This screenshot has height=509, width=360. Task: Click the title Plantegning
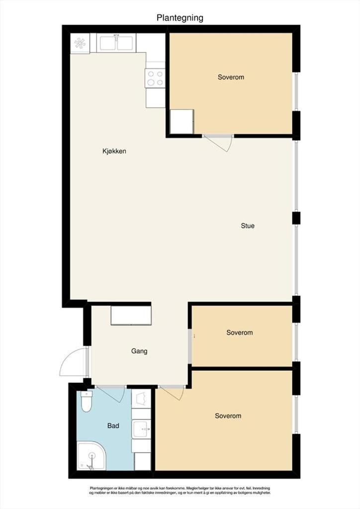(180, 18)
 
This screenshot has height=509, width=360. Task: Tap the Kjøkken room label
(114, 151)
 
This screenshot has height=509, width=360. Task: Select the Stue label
(248, 226)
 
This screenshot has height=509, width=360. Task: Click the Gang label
(139, 351)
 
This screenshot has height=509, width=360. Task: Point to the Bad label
(113, 425)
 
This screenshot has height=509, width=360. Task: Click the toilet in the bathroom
(87, 401)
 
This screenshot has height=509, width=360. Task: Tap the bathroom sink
(142, 429)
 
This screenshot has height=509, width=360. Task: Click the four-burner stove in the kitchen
(155, 78)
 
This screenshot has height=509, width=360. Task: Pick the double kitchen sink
(116, 43)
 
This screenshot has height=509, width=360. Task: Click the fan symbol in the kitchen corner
(80, 44)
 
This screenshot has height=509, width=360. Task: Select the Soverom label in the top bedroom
(231, 77)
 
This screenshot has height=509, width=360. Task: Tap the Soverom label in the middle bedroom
(240, 333)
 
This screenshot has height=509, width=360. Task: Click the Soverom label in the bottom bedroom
(228, 416)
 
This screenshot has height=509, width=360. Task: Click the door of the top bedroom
(217, 143)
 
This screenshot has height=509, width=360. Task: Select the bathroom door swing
(111, 394)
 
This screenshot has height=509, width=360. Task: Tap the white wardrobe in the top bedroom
(182, 121)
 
